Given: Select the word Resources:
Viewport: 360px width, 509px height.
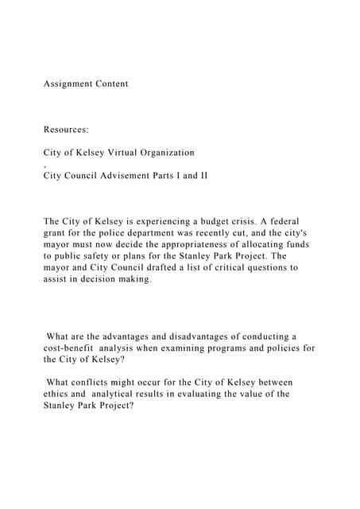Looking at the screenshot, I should pyautogui.click(x=72, y=128).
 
